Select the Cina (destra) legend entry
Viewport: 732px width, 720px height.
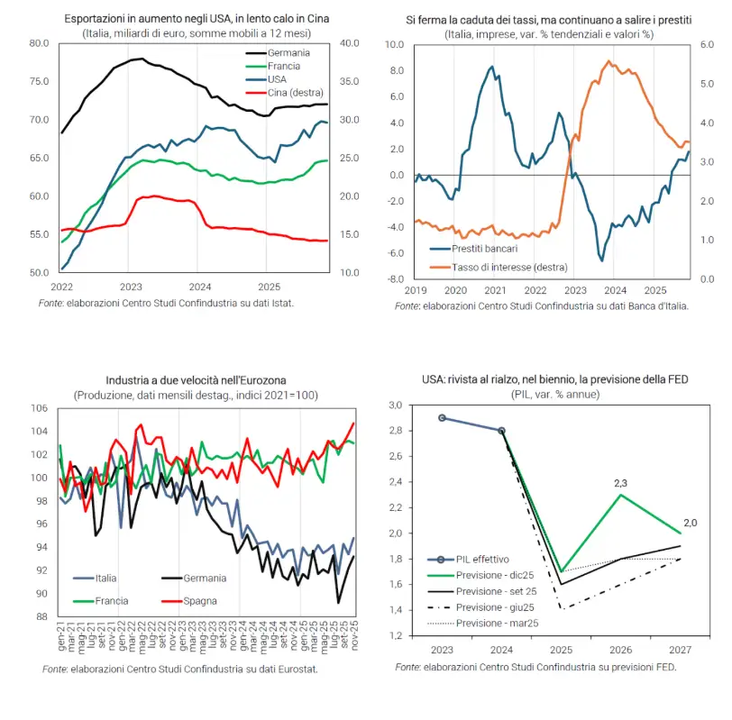296,92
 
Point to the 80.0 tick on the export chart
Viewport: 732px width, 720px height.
39,43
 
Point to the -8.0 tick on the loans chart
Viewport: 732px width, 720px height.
394,279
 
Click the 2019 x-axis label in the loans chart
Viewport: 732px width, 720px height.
415,292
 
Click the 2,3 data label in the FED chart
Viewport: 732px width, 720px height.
621,484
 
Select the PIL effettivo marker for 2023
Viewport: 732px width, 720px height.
442,418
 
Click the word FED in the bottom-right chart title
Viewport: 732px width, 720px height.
676,379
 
